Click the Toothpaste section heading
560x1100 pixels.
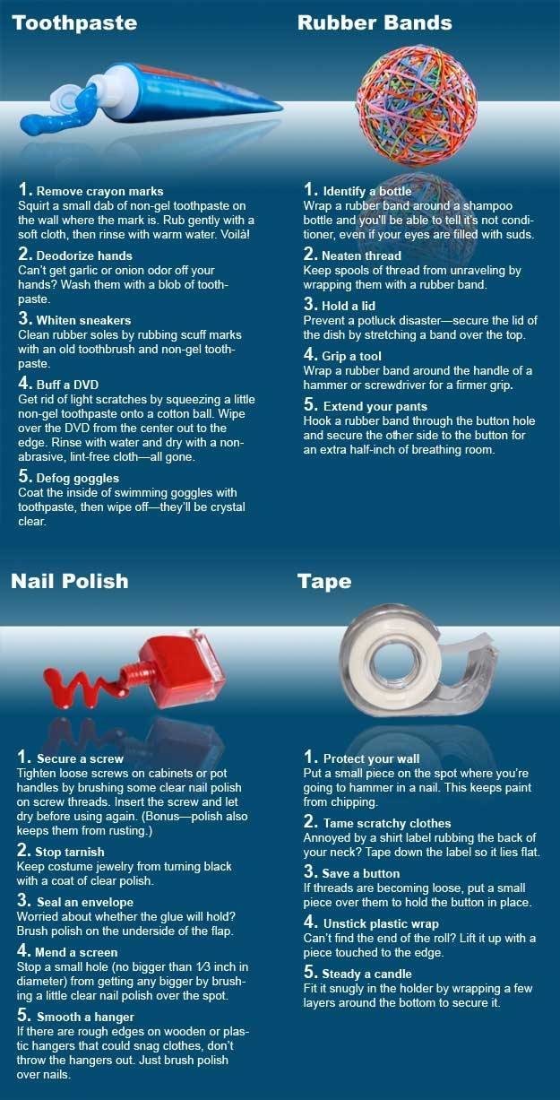click(x=73, y=22)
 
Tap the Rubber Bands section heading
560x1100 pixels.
click(x=375, y=22)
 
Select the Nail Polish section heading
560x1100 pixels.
click(x=69, y=581)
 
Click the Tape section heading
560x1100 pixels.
click(x=324, y=581)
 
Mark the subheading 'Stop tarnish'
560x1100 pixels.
click(x=70, y=851)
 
